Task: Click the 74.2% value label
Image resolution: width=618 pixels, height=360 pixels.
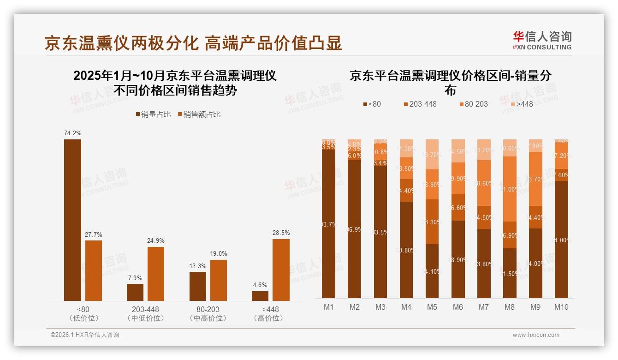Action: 72,133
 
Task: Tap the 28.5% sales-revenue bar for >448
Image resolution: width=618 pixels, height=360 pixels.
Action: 281,270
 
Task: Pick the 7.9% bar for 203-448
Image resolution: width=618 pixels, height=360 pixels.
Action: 135,292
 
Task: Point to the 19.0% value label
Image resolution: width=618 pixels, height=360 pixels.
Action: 219,253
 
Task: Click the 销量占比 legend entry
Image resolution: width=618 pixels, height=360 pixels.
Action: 153,114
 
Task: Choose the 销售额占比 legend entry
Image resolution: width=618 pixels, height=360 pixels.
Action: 199,114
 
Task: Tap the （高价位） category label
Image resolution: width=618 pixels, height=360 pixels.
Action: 268,318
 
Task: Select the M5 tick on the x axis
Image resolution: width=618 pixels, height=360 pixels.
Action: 432,307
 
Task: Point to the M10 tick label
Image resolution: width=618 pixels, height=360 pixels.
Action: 561,307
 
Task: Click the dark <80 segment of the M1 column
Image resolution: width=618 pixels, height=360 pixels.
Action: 328,224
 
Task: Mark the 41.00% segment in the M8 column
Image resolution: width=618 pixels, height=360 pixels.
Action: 509,189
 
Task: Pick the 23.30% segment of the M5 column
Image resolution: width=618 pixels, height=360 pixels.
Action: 432,222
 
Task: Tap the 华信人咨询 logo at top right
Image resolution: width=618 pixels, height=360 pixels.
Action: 542,40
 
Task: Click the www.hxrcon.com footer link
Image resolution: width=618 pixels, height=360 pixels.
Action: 536,335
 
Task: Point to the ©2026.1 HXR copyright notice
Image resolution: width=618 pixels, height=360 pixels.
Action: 84,335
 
